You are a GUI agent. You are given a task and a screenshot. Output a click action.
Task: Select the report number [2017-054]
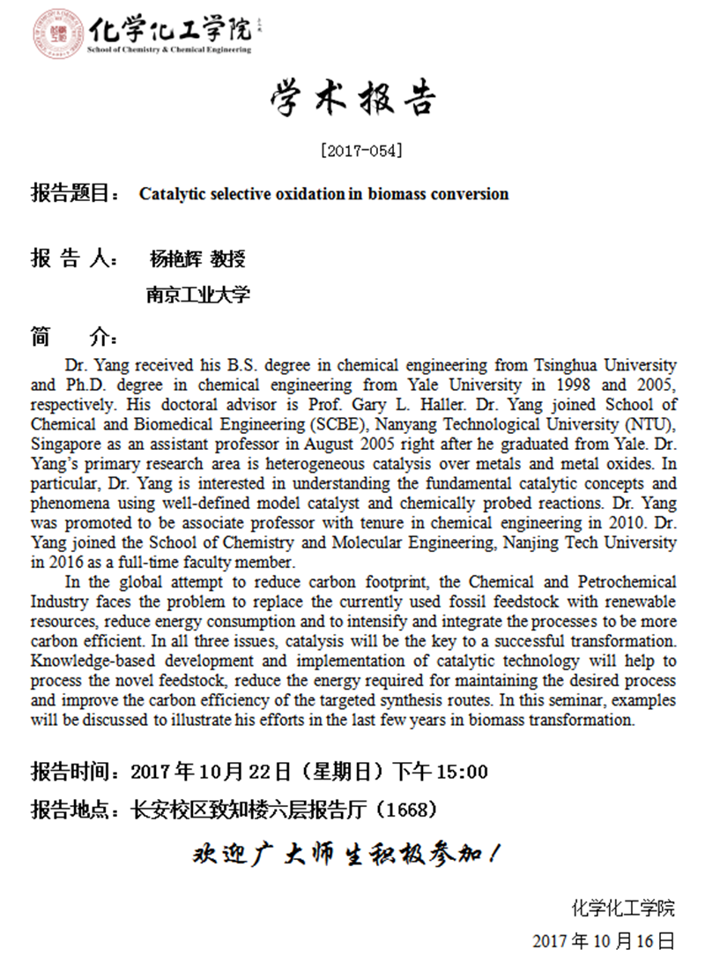(362, 151)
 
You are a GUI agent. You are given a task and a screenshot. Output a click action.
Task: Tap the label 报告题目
(70, 193)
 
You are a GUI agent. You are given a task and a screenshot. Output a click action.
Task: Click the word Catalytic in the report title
(170, 193)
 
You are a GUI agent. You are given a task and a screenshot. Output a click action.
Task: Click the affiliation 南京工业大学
(198, 295)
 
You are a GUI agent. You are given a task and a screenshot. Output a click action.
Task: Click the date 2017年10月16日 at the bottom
(604, 939)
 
